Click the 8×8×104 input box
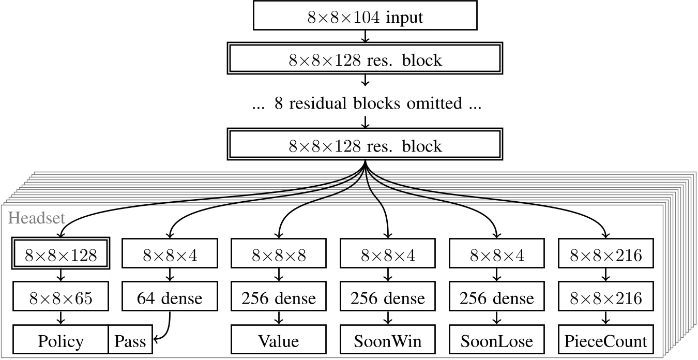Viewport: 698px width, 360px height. pyautogui.click(x=365, y=18)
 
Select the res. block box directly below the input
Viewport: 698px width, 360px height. pyautogui.click(x=365, y=60)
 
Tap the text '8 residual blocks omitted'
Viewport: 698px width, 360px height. pyautogui.click(x=365, y=103)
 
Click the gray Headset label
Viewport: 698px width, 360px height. pyautogui.click(x=36, y=218)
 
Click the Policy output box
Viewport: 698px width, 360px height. pyautogui.click(x=60, y=341)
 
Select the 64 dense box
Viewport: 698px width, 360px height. pyautogui.click(x=170, y=298)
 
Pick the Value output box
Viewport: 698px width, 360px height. pyautogui.click(x=279, y=341)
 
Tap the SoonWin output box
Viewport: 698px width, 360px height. pyautogui.click(x=388, y=341)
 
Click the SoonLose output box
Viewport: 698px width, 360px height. pyautogui.click(x=497, y=341)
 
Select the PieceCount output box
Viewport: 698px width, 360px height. pyautogui.click(x=605, y=341)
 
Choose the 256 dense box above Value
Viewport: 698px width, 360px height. pyautogui.click(x=279, y=298)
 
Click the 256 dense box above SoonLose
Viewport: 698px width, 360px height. pyautogui.click(x=497, y=298)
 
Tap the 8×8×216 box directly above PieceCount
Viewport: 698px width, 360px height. pyautogui.click(x=605, y=298)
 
